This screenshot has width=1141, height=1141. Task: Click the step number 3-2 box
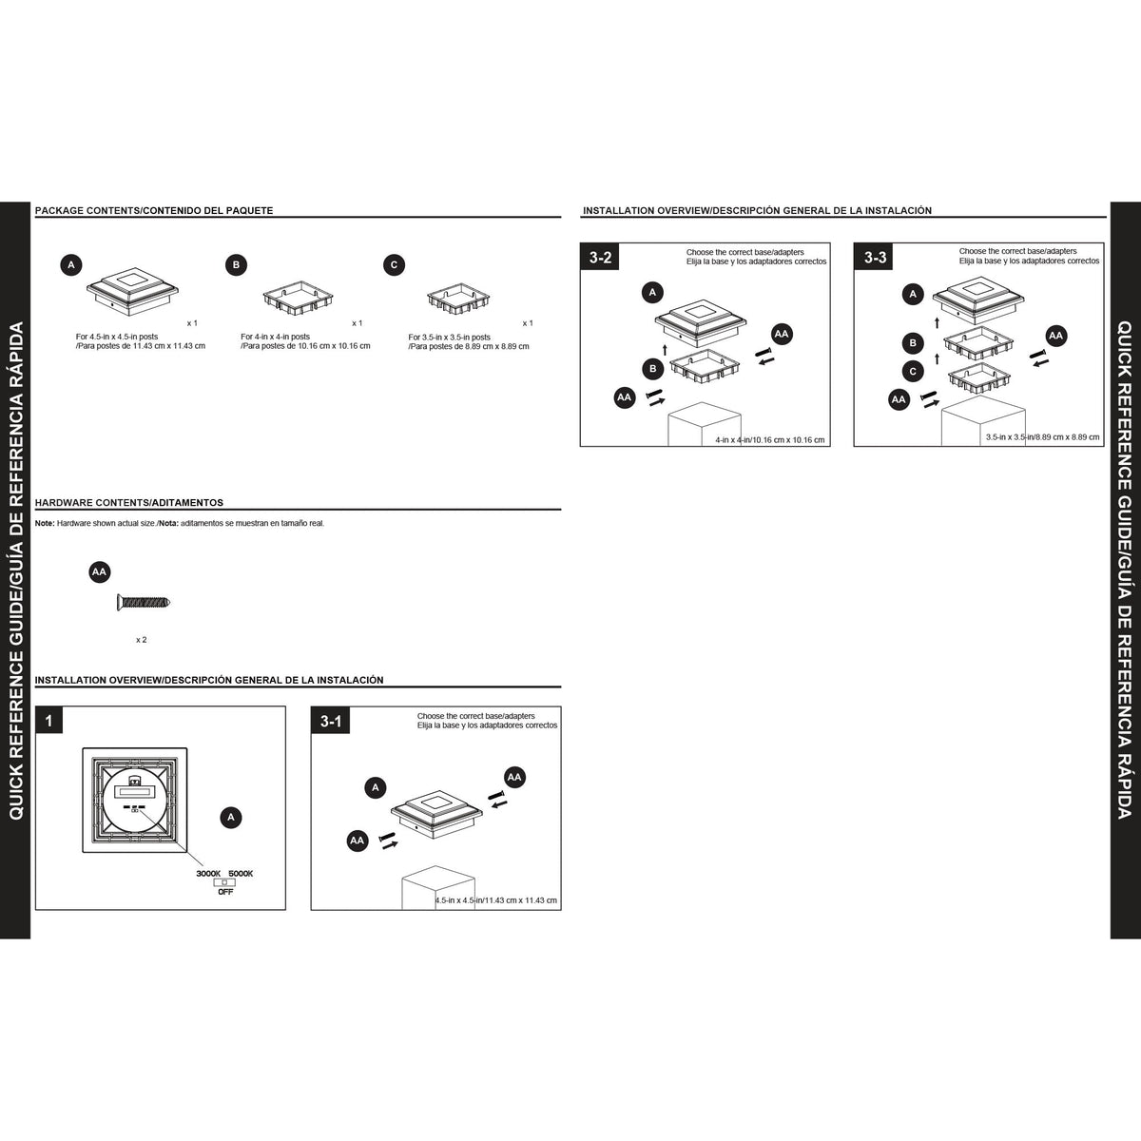click(600, 257)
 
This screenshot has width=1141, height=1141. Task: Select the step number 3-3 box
click(874, 257)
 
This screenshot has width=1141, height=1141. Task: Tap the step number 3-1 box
click(331, 721)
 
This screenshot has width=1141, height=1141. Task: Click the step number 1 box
click(49, 721)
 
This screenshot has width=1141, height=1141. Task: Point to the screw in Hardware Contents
click(144, 603)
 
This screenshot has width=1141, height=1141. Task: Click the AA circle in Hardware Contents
click(100, 572)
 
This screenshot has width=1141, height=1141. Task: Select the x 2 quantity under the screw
click(141, 640)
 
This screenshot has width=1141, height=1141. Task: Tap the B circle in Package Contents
click(236, 264)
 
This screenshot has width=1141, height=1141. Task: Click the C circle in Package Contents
click(394, 264)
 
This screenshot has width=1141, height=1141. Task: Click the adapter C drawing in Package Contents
click(458, 299)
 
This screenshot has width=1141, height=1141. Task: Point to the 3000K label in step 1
click(208, 874)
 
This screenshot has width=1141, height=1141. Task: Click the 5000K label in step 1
click(241, 874)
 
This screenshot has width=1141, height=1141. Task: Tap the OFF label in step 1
click(225, 892)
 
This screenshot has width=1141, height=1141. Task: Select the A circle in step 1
click(231, 818)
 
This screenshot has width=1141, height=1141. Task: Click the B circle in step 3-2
click(652, 369)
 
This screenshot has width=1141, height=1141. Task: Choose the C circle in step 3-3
click(913, 371)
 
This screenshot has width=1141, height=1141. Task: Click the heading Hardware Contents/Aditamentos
click(129, 503)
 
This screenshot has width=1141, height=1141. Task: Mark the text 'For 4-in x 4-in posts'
click(276, 337)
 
